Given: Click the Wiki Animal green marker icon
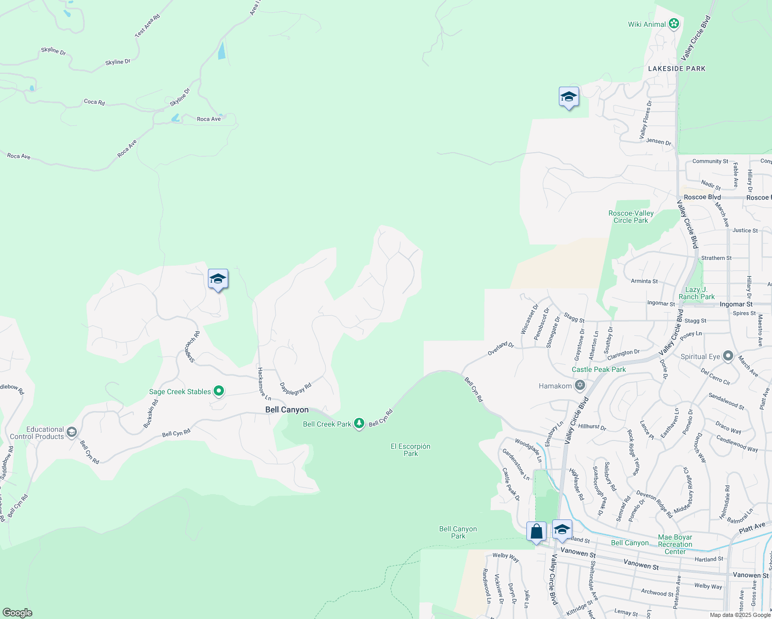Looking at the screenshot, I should point(673,24).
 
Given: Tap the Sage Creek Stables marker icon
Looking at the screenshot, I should point(219,391).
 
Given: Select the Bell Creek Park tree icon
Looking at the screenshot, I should point(359,423).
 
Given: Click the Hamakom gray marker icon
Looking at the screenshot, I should point(580,385).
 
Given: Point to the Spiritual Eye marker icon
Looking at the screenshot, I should point(728,356).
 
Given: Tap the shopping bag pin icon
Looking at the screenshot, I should point(536,532).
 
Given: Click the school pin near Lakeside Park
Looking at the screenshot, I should point(568,97).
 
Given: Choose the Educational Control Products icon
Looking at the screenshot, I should point(72,432).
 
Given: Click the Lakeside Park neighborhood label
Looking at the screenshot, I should point(677,69).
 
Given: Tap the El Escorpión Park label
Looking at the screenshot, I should point(410,450).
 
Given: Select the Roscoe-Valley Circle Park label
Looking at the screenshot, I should point(631,217).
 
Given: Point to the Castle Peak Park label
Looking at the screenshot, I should point(599,369).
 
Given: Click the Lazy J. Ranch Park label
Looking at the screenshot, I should point(697,293).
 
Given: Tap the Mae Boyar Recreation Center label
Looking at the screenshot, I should point(675,544).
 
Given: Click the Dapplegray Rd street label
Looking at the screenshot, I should point(296,389).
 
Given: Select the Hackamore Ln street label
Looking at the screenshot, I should point(264,384).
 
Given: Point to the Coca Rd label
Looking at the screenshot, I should point(94,102).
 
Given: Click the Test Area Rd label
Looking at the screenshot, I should point(148,25).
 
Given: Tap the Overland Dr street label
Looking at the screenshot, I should point(501,349).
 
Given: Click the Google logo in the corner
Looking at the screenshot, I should point(18,612).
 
